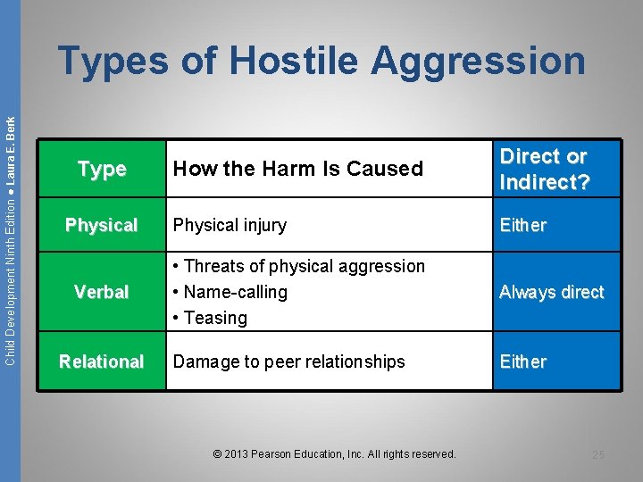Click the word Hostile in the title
tap(296, 61)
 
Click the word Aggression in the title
tap(479, 61)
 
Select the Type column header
tap(102, 169)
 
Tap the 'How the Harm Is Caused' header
tap(297, 169)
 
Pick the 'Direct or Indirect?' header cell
tap(544, 169)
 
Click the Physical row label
tap(102, 226)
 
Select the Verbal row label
tap(102, 292)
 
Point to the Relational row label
tap(102, 361)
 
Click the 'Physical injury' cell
tap(230, 226)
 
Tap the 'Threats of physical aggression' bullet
tap(300, 266)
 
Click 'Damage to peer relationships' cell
tap(288, 361)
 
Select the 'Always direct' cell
tap(551, 292)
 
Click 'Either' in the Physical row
tap(522, 226)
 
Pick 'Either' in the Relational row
tap(522, 361)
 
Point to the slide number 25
tap(597, 455)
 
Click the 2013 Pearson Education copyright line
tap(335, 454)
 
